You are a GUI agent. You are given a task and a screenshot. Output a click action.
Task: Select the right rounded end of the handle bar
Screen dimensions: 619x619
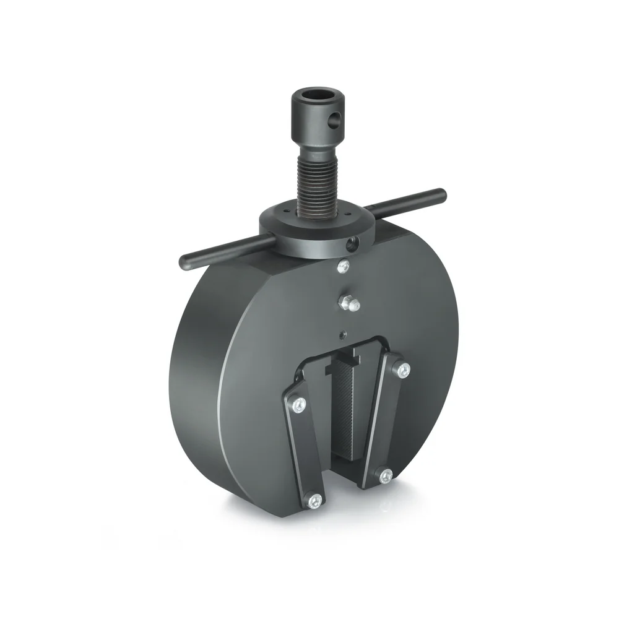[441, 193]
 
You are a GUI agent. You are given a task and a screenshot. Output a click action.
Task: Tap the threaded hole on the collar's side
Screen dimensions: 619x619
[353, 243]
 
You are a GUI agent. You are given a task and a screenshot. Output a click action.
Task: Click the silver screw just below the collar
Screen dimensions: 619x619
[343, 267]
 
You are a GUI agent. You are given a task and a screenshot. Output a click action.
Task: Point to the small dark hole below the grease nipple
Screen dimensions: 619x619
[342, 334]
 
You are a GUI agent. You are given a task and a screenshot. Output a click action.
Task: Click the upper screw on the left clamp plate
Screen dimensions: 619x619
[300, 404]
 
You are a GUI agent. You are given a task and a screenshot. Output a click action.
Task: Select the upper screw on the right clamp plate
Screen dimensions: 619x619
[403, 371]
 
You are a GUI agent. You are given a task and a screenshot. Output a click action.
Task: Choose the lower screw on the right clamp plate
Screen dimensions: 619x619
[385, 475]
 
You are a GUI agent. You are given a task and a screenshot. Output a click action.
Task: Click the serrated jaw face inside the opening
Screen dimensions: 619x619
[345, 409]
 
